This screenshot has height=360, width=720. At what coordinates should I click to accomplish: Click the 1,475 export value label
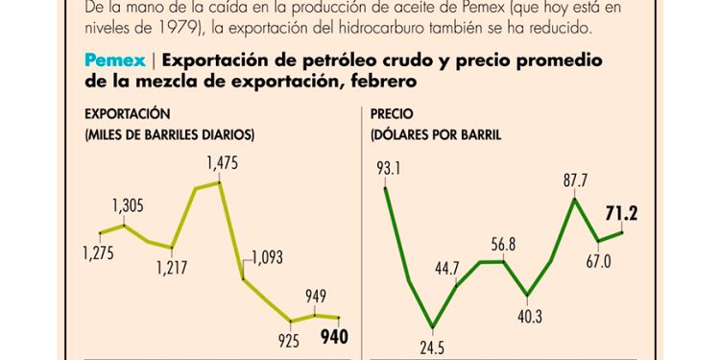click(222, 163)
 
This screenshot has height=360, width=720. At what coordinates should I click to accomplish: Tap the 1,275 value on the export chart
click(99, 253)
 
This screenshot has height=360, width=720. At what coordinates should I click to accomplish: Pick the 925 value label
click(288, 338)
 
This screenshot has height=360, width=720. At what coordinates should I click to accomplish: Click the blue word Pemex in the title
click(115, 60)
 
